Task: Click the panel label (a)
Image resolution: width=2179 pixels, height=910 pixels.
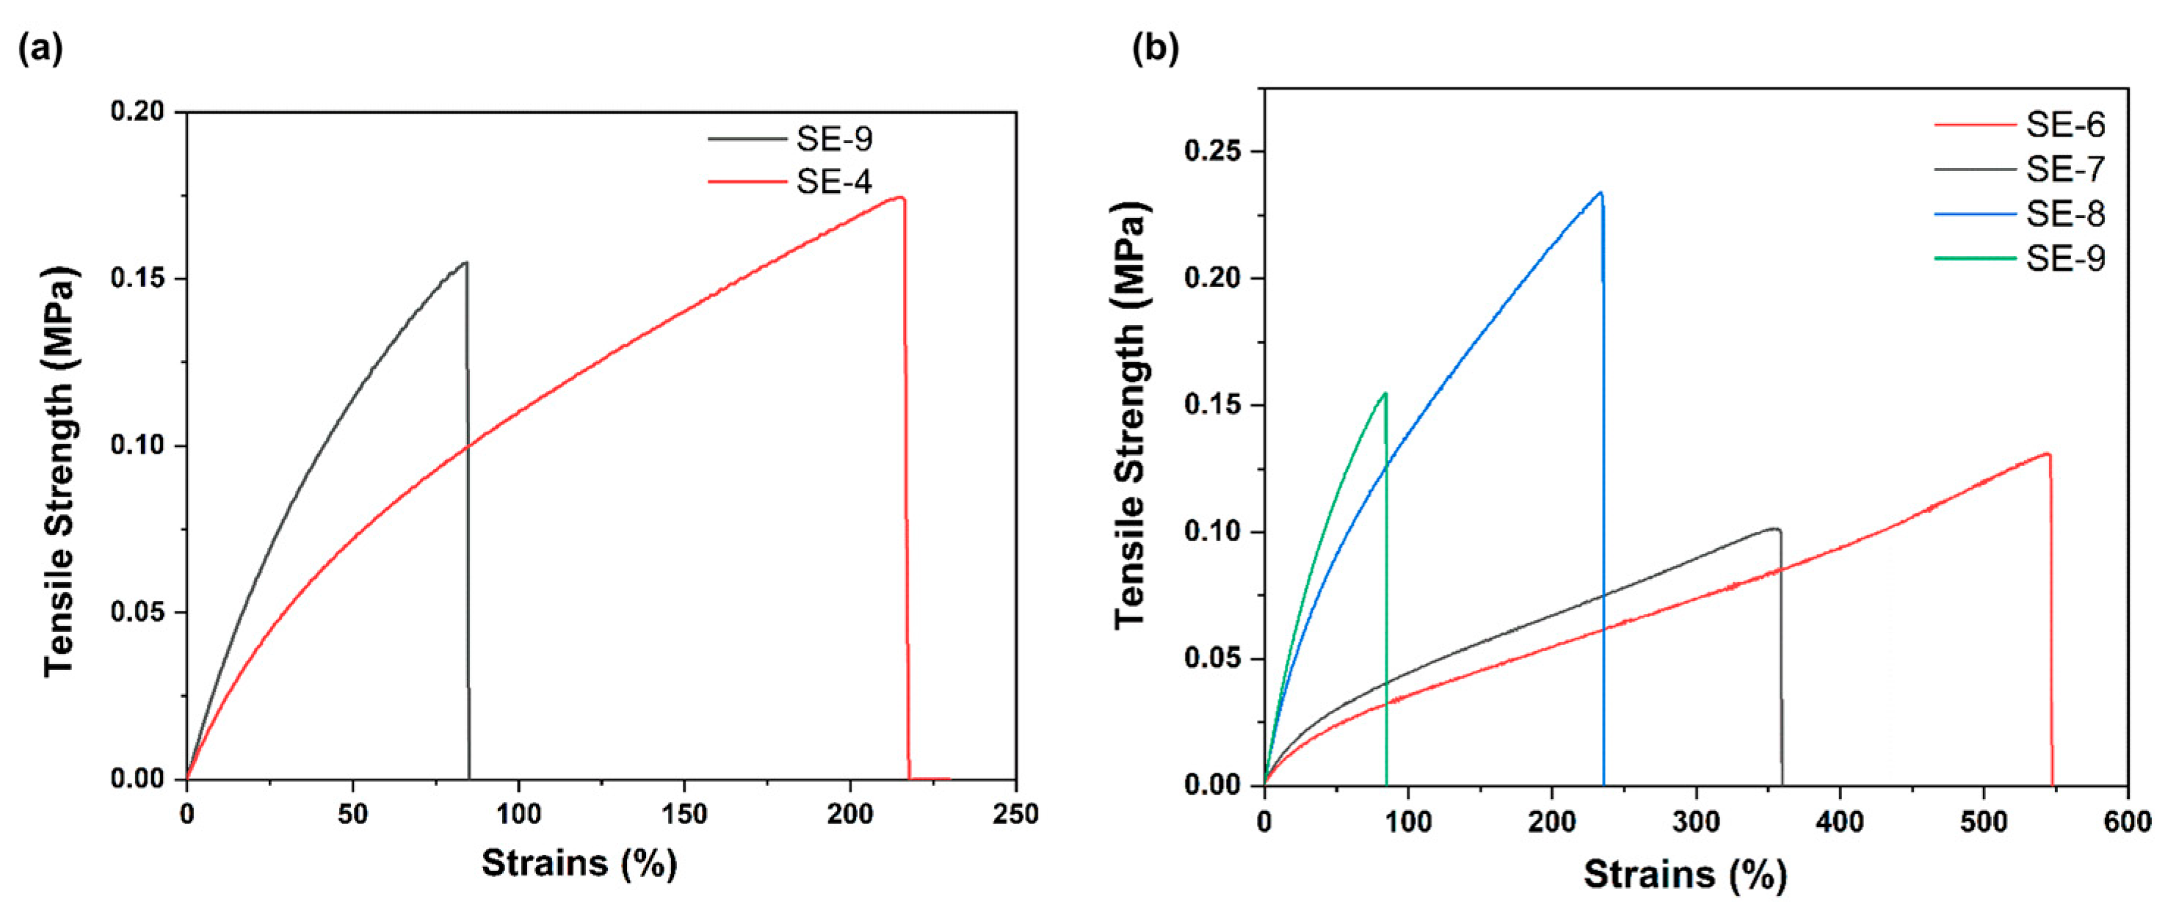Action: point(40,51)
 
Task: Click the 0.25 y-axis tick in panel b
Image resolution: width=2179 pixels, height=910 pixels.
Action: point(1212,152)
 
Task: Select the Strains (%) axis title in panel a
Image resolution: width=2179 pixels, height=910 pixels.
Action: point(579,862)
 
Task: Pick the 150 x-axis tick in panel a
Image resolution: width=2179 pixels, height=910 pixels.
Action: point(684,814)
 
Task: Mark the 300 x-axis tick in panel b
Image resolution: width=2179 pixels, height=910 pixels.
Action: point(1695,821)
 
